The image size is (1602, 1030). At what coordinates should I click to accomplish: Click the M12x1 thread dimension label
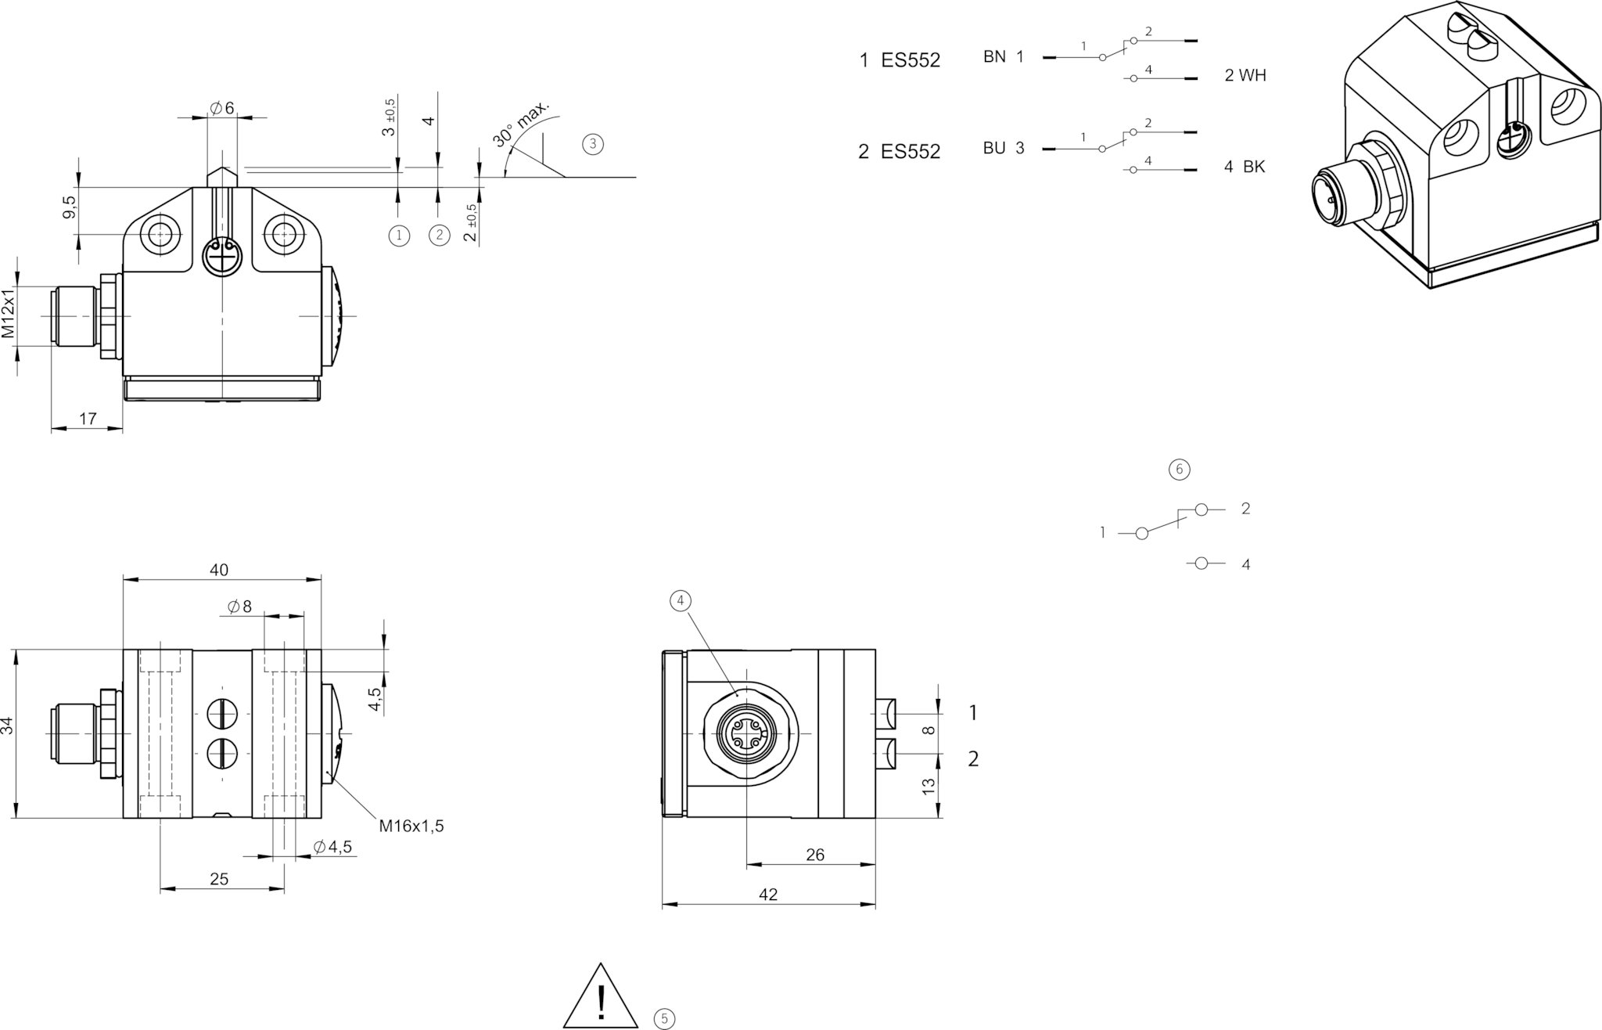coord(9,313)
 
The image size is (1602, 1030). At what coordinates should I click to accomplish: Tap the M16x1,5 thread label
coord(411,826)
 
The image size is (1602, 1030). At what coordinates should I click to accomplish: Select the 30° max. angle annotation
coord(521,124)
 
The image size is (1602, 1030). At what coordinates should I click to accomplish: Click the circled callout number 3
coord(593,144)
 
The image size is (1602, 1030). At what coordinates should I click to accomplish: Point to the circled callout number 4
coord(681,600)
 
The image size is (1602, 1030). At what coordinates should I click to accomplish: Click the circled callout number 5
coord(664,1018)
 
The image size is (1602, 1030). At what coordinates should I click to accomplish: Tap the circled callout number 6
coord(1179,469)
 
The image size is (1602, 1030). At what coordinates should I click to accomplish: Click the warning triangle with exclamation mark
coord(601,998)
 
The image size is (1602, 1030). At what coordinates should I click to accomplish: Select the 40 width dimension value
coord(219,571)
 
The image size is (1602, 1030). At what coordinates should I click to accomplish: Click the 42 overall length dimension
coord(768,895)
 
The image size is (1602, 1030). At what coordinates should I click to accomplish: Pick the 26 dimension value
coord(814,855)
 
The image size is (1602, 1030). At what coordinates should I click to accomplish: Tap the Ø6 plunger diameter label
coord(221,108)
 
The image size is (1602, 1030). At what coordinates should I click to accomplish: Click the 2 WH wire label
coord(1245,76)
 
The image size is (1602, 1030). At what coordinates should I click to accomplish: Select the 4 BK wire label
coord(1244,167)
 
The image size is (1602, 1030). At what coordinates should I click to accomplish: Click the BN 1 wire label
coord(1003,57)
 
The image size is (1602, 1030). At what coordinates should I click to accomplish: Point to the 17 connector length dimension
coord(88,419)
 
